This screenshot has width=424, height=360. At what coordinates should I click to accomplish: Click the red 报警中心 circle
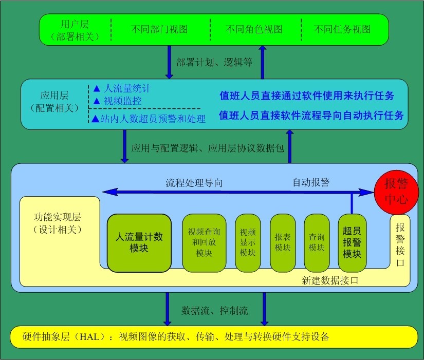[x=396, y=192]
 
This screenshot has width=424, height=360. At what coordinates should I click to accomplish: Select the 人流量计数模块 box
[x=139, y=243]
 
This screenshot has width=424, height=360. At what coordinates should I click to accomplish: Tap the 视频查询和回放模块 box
[x=204, y=243]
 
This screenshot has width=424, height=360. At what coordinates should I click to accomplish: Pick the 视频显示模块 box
[x=248, y=243]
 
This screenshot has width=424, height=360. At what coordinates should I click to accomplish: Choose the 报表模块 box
[x=283, y=243]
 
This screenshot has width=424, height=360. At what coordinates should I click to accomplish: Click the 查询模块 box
[x=317, y=243]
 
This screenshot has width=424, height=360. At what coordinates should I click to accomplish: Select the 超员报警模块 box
[x=352, y=243]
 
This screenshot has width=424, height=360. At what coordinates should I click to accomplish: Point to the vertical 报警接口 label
[x=400, y=244]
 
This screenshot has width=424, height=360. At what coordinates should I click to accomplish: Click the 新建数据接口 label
[x=330, y=280]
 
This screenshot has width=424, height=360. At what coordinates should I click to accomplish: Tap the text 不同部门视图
[x=159, y=29]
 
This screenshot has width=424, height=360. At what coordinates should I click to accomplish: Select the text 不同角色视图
[x=254, y=29]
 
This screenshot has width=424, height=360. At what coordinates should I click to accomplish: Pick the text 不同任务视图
[x=342, y=29]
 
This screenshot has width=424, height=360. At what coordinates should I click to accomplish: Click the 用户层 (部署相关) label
[x=75, y=30]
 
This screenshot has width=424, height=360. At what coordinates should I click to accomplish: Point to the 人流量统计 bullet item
[x=122, y=88]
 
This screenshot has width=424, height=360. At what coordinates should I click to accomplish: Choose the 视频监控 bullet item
[x=117, y=101]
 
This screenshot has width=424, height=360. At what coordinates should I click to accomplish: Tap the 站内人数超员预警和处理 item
[x=149, y=119]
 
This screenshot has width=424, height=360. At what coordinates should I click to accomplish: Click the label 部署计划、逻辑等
[x=214, y=62]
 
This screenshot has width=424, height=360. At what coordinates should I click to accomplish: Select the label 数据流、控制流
[x=214, y=311]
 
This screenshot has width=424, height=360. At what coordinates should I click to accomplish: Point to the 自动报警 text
[x=311, y=182]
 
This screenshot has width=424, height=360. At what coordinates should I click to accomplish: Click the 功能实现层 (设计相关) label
[x=58, y=223]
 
